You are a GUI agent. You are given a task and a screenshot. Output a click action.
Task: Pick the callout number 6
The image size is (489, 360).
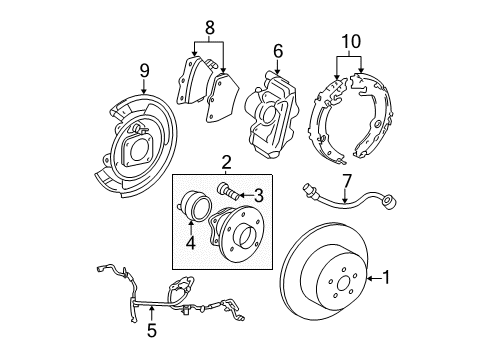tap(279, 49)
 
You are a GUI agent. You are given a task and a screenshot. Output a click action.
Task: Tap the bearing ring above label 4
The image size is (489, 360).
tap(194, 211)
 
